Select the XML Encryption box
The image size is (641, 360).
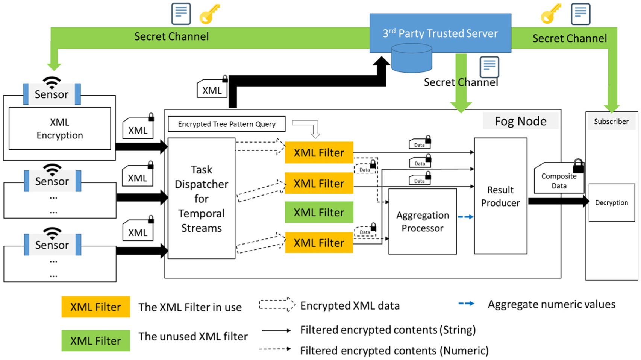60,128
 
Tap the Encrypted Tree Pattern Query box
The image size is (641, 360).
227,124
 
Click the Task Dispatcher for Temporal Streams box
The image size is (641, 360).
202,199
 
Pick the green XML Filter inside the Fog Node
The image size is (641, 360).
319,212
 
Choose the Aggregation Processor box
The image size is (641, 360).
422,222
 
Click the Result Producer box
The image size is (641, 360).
500,196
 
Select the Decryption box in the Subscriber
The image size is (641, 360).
612,203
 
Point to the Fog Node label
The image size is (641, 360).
521,121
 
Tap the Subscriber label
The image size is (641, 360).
611,122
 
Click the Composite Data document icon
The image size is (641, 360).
559,178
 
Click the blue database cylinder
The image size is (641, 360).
412,58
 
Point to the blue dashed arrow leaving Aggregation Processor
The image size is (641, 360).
465,217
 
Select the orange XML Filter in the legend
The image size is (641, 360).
95,307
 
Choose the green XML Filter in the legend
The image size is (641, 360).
95,340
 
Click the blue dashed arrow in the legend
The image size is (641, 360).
466,304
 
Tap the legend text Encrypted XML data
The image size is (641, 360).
350,305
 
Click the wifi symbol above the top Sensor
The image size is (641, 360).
52,82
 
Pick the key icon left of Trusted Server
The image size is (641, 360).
210,14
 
